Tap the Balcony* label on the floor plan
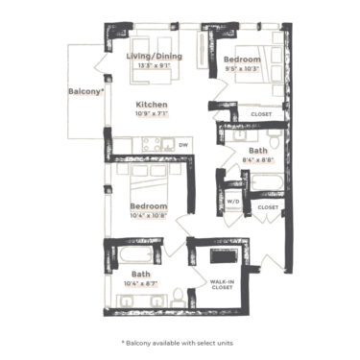(x=86, y=92)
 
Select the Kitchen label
(x=152, y=104)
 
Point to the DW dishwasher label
(x=183, y=145)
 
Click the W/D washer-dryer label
(x=232, y=201)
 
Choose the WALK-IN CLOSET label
(x=223, y=284)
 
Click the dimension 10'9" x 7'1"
(x=152, y=114)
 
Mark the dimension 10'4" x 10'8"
(x=149, y=216)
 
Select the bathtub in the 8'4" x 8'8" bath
(x=263, y=180)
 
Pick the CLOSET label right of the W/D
(x=268, y=206)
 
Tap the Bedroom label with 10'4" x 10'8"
(x=149, y=206)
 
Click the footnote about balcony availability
(x=180, y=342)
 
